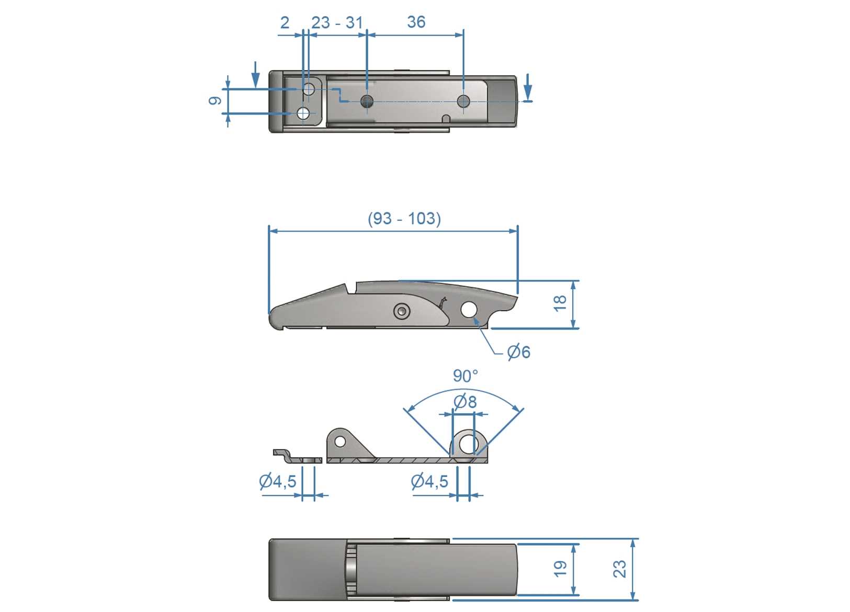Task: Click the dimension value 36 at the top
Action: pos(416,22)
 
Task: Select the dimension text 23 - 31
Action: pos(337,22)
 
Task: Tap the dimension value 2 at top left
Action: pos(285,22)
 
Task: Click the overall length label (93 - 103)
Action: pos(404,218)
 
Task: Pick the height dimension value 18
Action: pos(560,303)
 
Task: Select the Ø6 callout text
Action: pos(519,352)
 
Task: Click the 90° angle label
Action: pos(465,376)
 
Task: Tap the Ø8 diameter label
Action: pos(465,402)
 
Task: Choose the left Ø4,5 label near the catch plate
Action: pos(278,481)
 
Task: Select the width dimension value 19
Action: pos(560,569)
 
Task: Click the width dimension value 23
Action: pos(619,569)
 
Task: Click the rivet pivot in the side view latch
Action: pos(401,312)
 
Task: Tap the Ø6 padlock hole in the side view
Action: pos(469,310)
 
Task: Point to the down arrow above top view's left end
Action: pos(255,75)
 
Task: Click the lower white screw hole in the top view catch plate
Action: pos(303,113)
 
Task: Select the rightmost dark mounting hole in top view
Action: pos(463,101)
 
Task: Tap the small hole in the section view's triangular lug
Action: pos(340,442)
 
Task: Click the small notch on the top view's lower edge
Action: pos(446,119)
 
